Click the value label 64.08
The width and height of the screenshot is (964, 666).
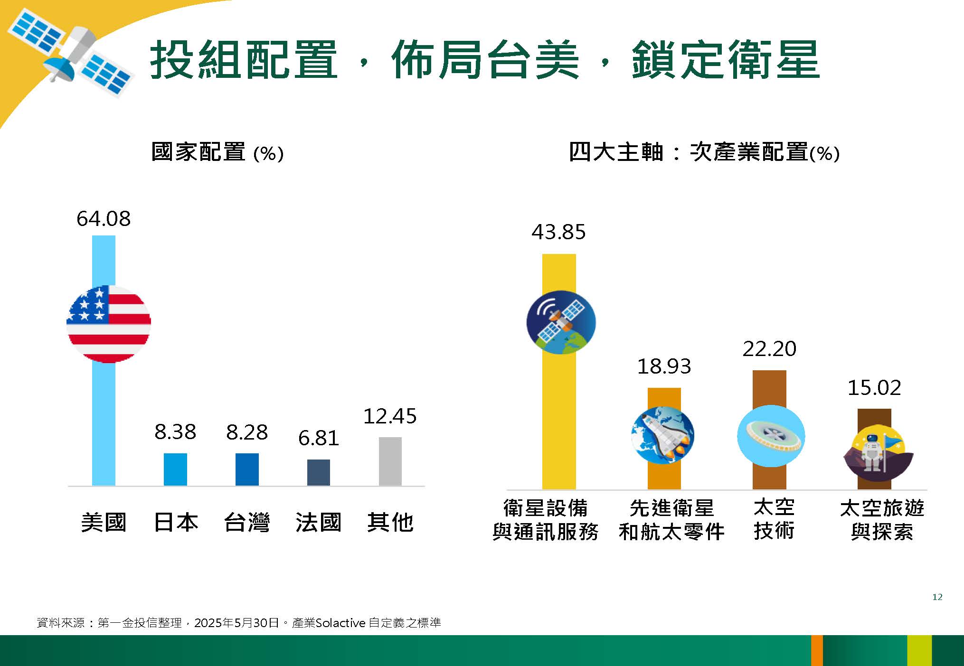tap(104, 219)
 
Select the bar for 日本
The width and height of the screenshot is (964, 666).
tap(175, 469)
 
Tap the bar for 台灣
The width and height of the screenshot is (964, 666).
tap(247, 469)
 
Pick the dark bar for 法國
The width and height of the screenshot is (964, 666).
tap(319, 472)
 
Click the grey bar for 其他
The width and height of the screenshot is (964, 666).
tap(390, 461)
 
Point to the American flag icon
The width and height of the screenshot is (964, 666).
tap(109, 324)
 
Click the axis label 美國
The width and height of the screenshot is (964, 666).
tap(104, 522)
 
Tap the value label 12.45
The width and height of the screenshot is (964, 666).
tap(390, 416)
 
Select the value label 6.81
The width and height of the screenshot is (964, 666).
tap(319, 438)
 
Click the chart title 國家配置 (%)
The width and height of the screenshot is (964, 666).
tap(217, 152)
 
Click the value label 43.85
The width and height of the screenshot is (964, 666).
tap(559, 232)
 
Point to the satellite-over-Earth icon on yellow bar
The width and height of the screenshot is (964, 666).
tap(561, 322)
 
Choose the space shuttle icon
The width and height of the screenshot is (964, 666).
tap(663, 435)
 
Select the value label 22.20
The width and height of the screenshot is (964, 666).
tap(769, 349)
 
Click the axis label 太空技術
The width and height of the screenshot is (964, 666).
tap(774, 519)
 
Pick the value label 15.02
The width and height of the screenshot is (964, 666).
tap(874, 388)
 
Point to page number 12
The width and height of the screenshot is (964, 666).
tap(937, 597)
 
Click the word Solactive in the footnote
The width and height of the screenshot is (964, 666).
tap(340, 622)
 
